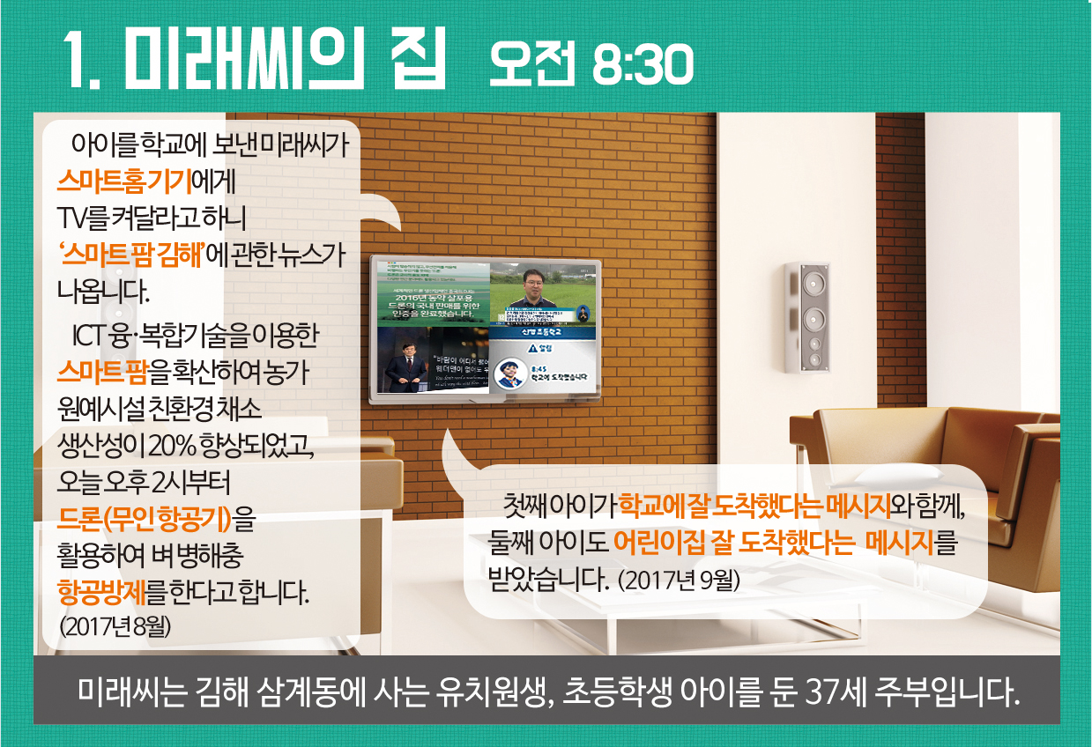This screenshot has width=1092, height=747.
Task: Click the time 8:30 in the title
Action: [x=643, y=64]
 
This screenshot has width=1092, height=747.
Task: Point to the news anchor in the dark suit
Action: [x=404, y=363]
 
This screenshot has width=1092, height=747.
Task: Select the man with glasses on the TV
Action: [x=533, y=288]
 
